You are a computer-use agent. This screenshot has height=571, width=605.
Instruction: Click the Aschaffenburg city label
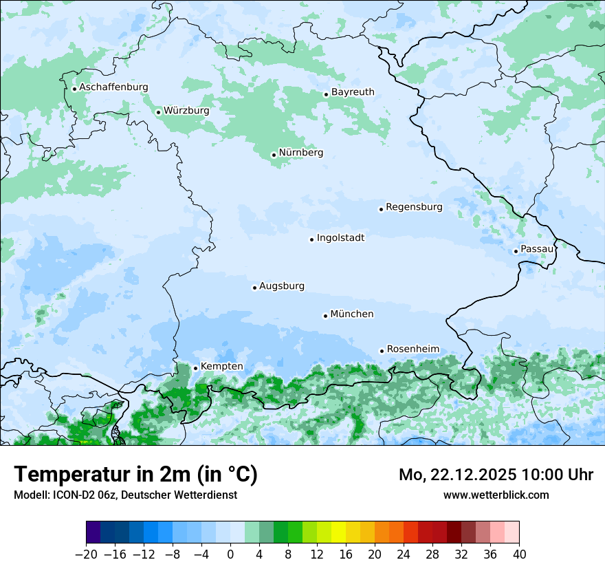pyautogui.click(x=113, y=87)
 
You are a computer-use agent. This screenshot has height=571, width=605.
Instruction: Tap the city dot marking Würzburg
pyautogui.click(x=158, y=112)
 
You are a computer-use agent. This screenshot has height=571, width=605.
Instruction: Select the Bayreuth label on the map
pyautogui.click(x=353, y=92)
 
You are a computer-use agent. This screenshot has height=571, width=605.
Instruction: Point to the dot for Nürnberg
pyautogui.click(x=274, y=155)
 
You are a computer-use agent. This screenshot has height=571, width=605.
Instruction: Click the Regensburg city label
pyautogui.click(x=414, y=207)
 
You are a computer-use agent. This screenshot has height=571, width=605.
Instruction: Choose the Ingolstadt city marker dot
pyautogui.click(x=311, y=239)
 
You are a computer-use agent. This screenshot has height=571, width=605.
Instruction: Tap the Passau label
pyautogui.click(x=537, y=249)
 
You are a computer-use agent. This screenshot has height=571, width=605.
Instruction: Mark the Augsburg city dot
pyautogui.click(x=254, y=288)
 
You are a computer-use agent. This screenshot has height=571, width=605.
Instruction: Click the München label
pyautogui.click(x=352, y=314)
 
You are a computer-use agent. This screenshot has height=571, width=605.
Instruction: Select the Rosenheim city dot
pyautogui.click(x=382, y=351)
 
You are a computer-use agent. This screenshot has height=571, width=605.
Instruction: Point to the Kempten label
pyautogui.click(x=221, y=367)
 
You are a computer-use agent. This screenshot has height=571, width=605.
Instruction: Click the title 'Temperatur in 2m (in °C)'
pyautogui.click(x=135, y=475)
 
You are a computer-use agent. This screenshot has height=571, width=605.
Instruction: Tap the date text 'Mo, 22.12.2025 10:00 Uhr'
pyautogui.click(x=496, y=475)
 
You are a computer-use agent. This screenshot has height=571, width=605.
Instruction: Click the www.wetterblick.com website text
pyautogui.click(x=496, y=495)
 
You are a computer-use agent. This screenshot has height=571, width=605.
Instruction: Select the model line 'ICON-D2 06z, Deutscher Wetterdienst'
pyautogui.click(x=125, y=495)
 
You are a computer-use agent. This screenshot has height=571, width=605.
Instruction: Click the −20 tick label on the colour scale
pyautogui.click(x=87, y=554)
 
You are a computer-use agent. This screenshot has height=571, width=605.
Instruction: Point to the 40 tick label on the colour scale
pyautogui.click(x=519, y=554)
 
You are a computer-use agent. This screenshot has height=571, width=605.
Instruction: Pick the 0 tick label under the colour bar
pyautogui.click(x=230, y=554)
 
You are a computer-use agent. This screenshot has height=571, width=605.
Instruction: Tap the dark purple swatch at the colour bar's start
pyautogui.click(x=93, y=532)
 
